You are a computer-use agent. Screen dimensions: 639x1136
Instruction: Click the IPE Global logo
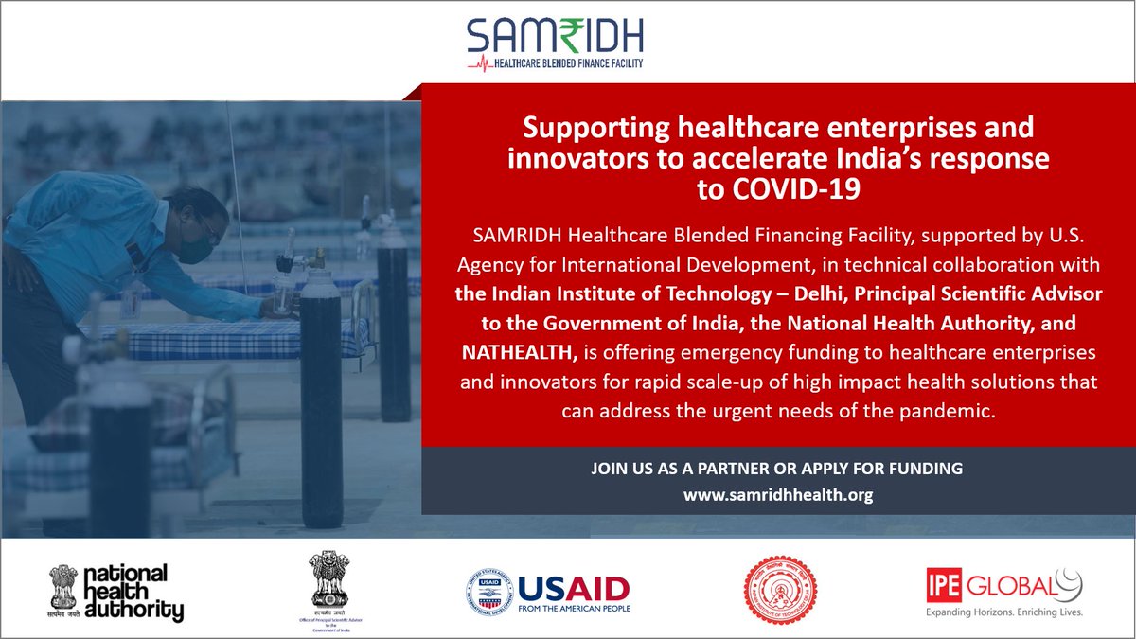click(1003, 588)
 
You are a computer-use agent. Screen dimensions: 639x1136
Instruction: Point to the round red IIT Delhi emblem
click(779, 589)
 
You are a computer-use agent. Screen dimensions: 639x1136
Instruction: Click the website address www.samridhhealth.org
click(777, 494)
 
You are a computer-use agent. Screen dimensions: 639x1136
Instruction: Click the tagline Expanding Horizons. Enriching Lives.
click(1003, 612)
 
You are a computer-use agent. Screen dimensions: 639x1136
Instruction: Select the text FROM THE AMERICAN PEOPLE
click(574, 608)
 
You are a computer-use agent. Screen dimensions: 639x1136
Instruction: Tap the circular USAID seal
click(490, 593)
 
